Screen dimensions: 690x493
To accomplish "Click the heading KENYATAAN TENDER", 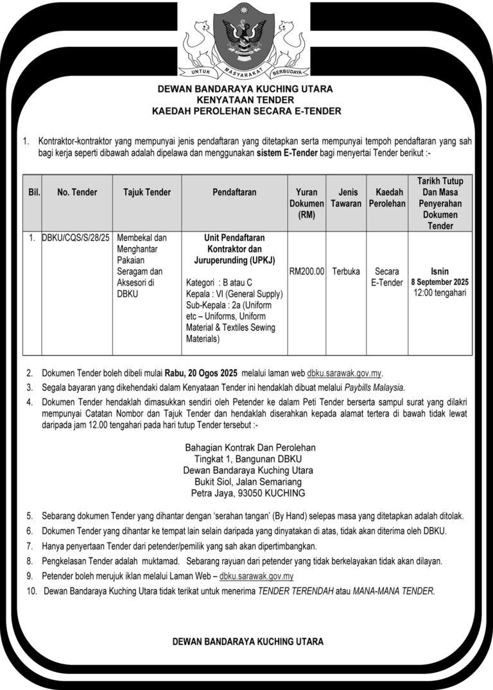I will (x=246, y=100).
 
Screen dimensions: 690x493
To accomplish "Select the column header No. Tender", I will (x=77, y=192).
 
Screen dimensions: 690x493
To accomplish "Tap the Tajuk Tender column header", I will (x=147, y=192).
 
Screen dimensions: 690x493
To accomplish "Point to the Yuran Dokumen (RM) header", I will (x=307, y=203).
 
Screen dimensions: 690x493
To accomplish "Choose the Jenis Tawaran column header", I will (x=346, y=198).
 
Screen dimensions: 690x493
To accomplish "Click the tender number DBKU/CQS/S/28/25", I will (x=76, y=237).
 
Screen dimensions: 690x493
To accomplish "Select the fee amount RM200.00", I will (x=307, y=271).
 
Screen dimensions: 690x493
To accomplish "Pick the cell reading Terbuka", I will (x=346, y=271).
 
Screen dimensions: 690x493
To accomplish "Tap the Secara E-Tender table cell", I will (x=387, y=277).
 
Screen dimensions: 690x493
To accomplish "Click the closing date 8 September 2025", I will (x=440, y=282).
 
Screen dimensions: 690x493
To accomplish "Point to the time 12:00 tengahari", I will (x=440, y=293).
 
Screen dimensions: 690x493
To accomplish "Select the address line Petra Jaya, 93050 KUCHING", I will (x=248, y=494).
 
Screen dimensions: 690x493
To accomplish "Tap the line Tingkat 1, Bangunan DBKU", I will (x=248, y=459).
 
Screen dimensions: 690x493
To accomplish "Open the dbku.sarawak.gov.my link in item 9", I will (x=256, y=576).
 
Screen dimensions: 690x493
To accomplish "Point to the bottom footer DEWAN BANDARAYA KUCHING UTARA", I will (x=248, y=641).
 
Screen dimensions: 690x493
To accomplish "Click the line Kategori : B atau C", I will (x=219, y=282).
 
